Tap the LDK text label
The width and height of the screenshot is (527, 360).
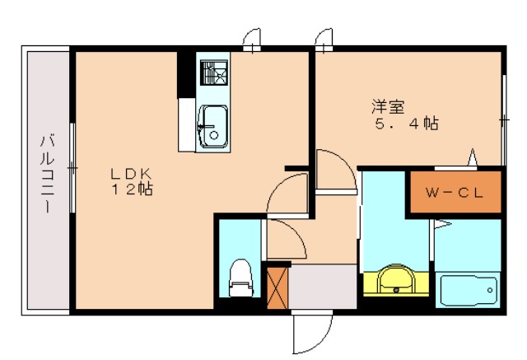(x=133, y=174)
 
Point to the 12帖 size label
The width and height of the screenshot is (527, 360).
(x=133, y=189)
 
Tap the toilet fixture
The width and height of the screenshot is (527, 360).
(x=240, y=277)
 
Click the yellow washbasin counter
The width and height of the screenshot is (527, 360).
(x=396, y=281)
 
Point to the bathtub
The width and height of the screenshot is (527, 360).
(x=469, y=291)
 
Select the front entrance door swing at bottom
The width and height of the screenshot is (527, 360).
(x=312, y=334)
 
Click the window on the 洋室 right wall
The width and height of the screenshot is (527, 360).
(x=502, y=119)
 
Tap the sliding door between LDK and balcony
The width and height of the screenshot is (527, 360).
(x=72, y=169)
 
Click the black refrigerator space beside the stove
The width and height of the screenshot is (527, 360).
(x=188, y=74)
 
